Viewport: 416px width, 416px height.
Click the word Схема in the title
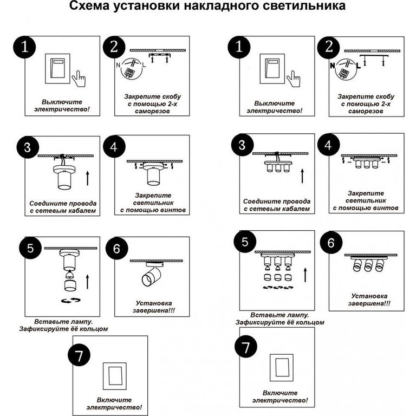89,6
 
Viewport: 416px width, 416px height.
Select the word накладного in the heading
221,6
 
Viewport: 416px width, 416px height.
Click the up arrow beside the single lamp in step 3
88,178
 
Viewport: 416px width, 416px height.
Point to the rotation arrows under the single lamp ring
71,300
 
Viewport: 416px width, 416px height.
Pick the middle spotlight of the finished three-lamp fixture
368,265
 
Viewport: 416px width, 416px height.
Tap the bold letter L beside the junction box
359,65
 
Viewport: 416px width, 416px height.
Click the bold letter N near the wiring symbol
333,65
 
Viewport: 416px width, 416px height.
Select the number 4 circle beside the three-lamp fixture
328,145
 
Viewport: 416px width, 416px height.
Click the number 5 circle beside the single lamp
30,248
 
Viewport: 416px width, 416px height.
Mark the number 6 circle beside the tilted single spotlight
117,249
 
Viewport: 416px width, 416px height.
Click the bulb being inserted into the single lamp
69,274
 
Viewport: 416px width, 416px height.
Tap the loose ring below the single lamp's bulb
70,285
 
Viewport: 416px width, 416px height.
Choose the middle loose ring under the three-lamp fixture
278,277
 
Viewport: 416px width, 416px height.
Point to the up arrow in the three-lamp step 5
305,275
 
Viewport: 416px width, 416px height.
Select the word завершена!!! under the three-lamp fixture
369,303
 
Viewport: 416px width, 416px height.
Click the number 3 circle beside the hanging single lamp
28,147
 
